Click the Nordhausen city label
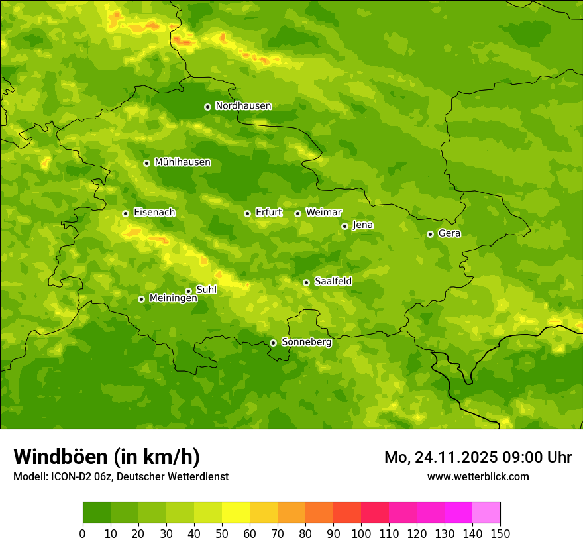243,106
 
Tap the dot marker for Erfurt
247,213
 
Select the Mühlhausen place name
182,162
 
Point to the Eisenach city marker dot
125,213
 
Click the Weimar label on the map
323,213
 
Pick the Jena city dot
344,226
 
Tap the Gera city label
449,233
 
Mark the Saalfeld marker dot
306,282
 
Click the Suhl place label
206,290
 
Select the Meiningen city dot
141,299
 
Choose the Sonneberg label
306,342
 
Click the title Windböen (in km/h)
107,457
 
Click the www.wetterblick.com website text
478,476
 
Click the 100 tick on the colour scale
361,533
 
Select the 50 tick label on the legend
222,533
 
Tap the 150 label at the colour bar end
500,533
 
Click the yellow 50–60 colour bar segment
236,513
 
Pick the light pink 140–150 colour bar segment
486,513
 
